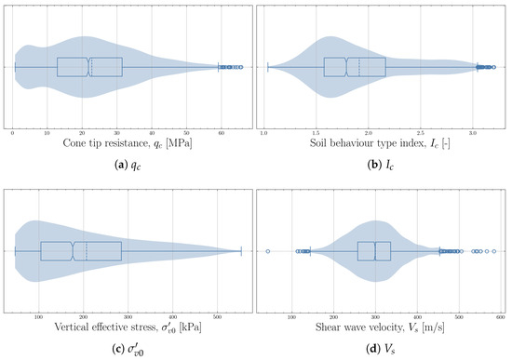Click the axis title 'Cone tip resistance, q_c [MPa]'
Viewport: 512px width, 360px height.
pos(128,144)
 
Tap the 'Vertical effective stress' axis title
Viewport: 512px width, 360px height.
pos(128,327)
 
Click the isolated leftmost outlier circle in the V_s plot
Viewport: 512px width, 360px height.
pos(268,251)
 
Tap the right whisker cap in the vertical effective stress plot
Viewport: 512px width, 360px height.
pos(241,251)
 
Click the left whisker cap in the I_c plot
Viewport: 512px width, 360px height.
pos(268,67)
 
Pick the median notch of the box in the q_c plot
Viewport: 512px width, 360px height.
pos(88,67)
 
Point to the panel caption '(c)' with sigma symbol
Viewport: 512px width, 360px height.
pos(128,350)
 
